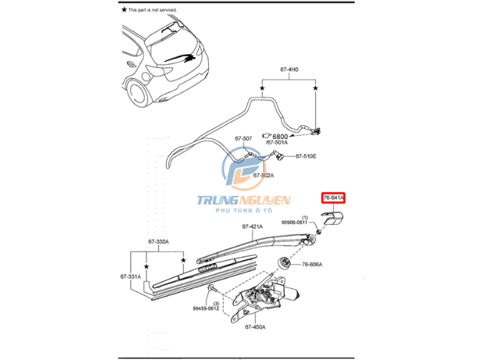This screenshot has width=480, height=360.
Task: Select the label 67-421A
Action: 253,226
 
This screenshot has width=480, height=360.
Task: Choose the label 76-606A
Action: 312,265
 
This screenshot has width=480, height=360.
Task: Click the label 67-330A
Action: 158,242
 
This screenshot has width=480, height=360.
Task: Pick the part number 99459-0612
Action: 207,310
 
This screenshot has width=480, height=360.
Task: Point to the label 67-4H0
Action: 289,70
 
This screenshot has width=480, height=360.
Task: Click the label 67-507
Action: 244,138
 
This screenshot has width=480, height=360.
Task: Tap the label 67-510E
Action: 306,157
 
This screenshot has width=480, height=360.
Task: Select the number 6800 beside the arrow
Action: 279,137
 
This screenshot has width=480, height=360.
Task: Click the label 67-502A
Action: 263,175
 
